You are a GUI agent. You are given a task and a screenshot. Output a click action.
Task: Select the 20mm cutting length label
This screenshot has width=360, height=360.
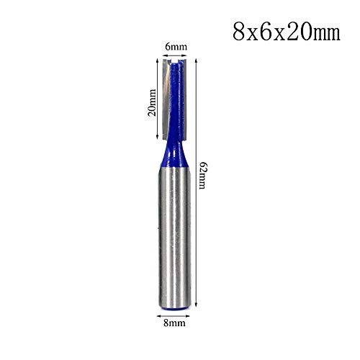[151, 100]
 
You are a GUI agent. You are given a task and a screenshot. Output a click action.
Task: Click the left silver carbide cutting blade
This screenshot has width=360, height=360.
[168, 101]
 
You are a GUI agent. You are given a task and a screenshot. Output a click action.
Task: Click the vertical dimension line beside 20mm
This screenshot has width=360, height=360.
[158, 100]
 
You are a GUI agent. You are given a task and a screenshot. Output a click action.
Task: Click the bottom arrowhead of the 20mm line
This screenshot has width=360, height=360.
[158, 138]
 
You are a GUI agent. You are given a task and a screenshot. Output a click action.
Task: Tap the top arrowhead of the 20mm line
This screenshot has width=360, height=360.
[158, 63]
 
